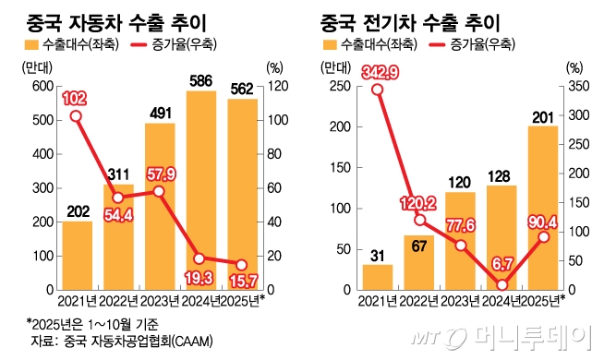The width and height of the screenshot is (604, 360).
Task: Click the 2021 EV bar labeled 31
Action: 377,277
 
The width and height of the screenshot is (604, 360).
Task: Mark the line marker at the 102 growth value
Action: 76,116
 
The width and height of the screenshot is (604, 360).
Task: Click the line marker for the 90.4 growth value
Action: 542,237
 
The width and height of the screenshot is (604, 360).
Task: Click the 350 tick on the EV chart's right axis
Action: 574,87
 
